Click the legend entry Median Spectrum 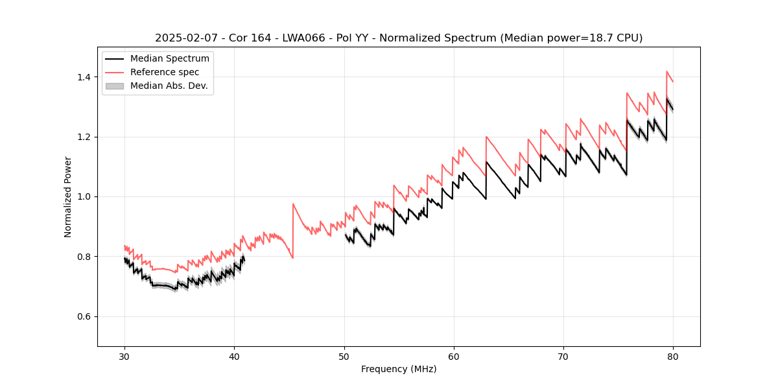click(169, 59)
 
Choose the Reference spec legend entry click(165, 72)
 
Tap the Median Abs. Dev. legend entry click(169, 86)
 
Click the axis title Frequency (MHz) click(399, 369)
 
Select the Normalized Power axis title click(68, 196)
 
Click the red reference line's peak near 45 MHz click(293, 204)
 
